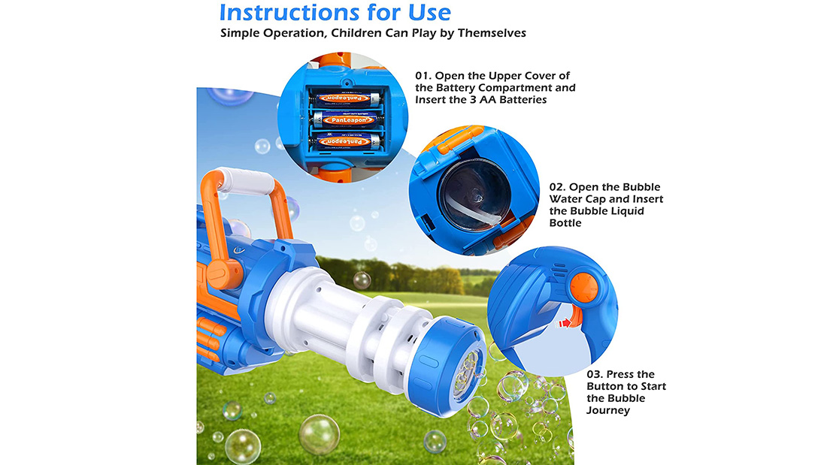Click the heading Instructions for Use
(335, 12)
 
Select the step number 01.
(423, 75)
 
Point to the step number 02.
(557, 186)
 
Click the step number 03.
(595, 374)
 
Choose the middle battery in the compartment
(345, 119)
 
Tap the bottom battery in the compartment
(345, 141)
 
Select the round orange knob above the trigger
(584, 287)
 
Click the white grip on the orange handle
(247, 181)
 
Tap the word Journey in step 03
(608, 410)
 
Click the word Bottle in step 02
(565, 222)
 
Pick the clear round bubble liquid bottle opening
(473, 195)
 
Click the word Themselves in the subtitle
(492, 33)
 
